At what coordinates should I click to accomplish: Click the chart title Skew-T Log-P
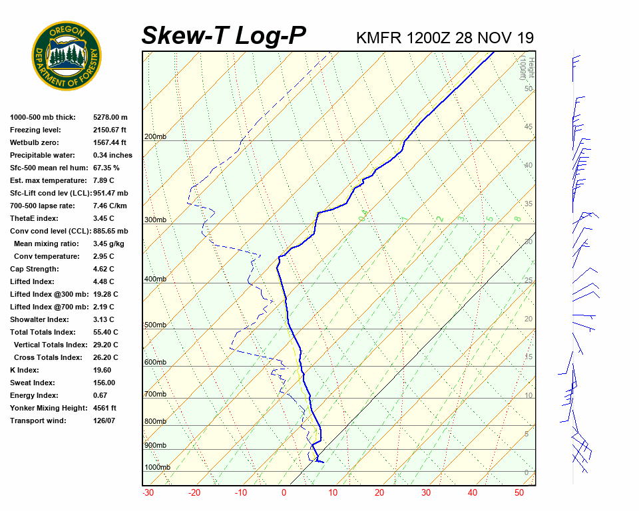pyautogui.click(x=224, y=35)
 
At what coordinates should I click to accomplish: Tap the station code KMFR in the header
pyautogui.click(x=378, y=37)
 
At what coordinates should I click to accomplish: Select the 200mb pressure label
pyautogui.click(x=155, y=137)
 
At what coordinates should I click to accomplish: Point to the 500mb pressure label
pyautogui.click(x=155, y=325)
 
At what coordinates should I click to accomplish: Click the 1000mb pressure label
pyautogui.click(x=157, y=468)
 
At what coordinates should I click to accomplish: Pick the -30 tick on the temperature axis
pyautogui.click(x=148, y=493)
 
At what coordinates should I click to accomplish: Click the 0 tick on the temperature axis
pyautogui.click(x=284, y=493)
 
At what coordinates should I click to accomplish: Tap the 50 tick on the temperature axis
pyautogui.click(x=519, y=493)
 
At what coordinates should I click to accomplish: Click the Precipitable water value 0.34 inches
pyautogui.click(x=112, y=155)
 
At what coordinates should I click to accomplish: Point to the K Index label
pyautogui.click(x=25, y=370)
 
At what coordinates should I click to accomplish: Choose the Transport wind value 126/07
pyautogui.click(x=105, y=421)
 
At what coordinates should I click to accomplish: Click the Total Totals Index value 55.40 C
pyautogui.click(x=105, y=332)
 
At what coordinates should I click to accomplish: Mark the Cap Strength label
pyautogui.click(x=34, y=269)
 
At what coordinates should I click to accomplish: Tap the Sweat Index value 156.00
pyautogui.click(x=104, y=383)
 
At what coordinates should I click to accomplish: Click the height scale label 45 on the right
pyautogui.click(x=529, y=127)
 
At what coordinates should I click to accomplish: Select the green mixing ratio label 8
pyautogui.click(x=517, y=218)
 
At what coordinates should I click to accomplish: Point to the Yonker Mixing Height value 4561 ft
pyautogui.click(x=105, y=408)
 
